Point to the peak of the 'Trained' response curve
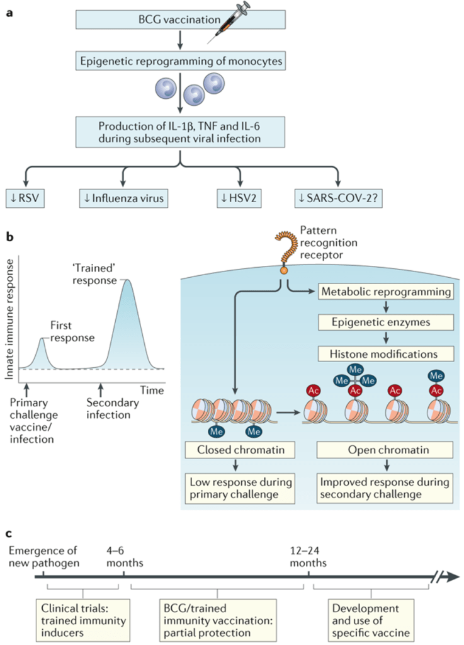(x=127, y=281)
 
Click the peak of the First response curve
(x=42, y=339)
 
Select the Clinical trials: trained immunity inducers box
(x=82, y=616)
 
